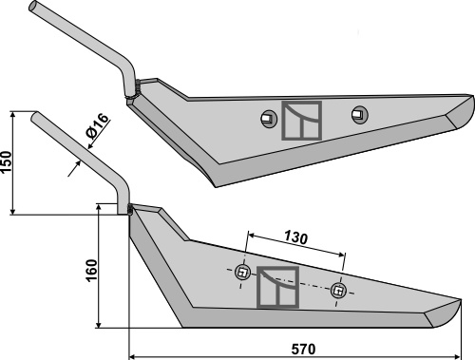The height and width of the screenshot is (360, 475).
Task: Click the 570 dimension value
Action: tap(303, 349)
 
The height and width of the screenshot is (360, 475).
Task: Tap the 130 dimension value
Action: tap(295, 237)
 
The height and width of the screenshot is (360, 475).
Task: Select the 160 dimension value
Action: tap(91, 271)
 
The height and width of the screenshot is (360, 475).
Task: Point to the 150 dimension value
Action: tap(7, 161)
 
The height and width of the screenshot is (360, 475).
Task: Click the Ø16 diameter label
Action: tap(98, 126)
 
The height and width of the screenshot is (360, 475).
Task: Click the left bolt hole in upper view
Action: tap(269, 119)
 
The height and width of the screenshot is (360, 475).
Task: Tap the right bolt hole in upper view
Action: tap(360, 114)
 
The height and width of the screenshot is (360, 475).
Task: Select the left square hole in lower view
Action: tap(243, 273)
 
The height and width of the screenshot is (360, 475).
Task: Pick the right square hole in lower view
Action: tap(338, 291)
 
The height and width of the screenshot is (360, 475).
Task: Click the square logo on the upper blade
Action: tap(302, 121)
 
